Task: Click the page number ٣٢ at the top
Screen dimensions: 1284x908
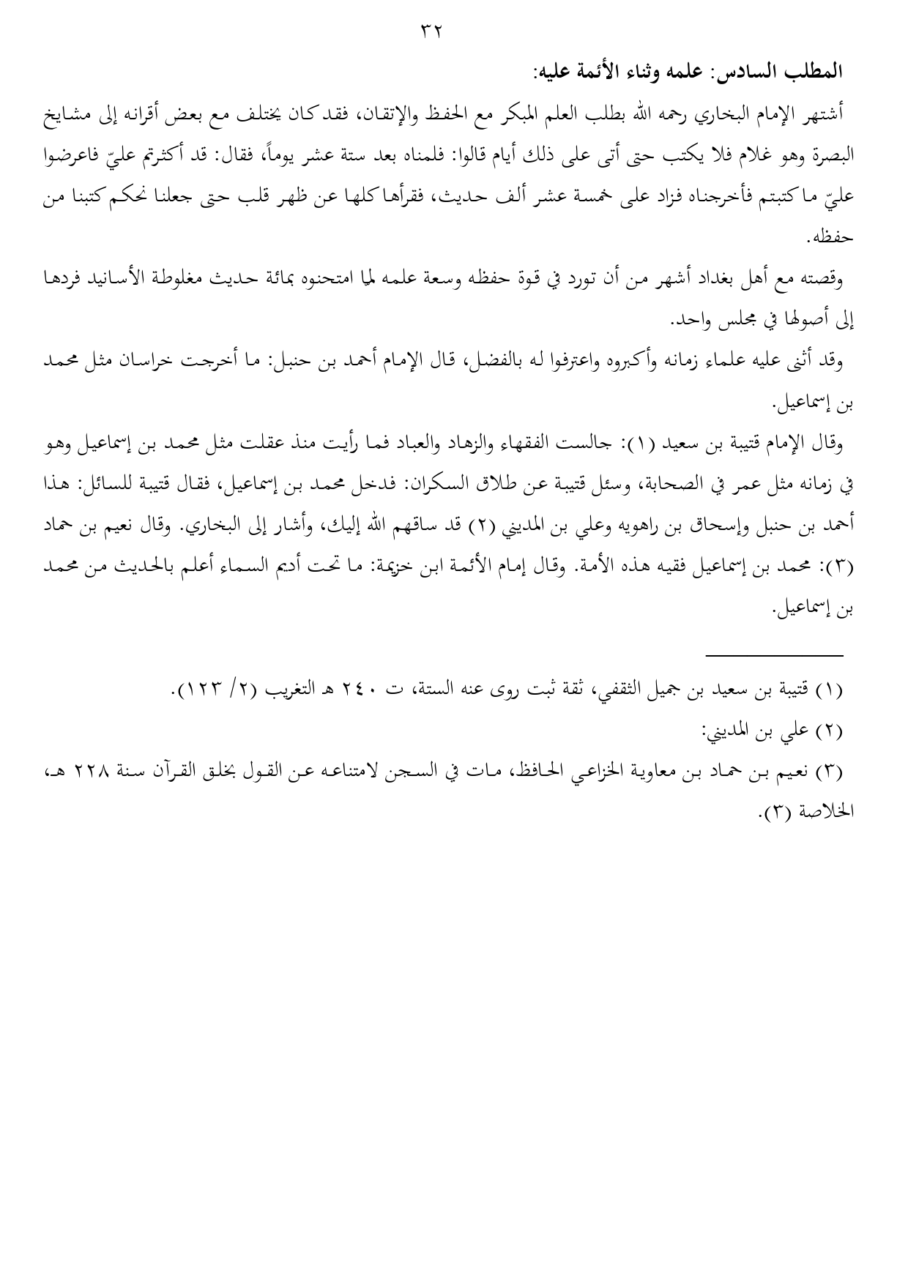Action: tap(433, 31)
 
